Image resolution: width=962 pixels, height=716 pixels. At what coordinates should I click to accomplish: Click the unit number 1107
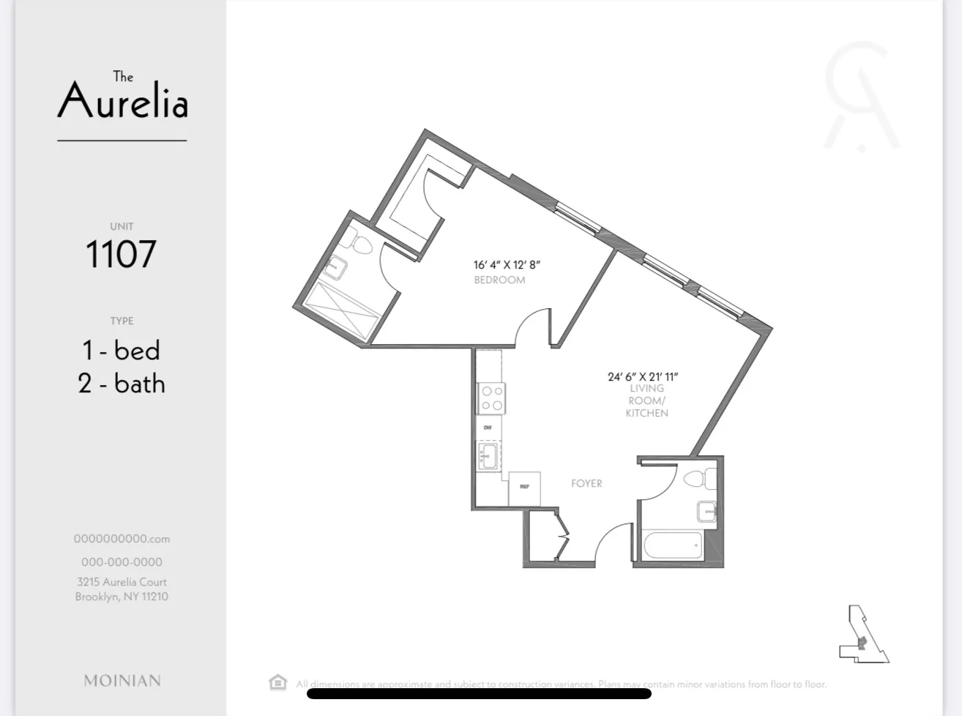[122, 254]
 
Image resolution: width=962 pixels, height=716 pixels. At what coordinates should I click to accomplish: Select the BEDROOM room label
[499, 280]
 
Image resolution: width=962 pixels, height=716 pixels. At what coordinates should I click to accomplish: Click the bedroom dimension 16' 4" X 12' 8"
[507, 265]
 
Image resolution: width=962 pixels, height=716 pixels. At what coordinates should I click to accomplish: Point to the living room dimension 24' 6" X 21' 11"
[643, 376]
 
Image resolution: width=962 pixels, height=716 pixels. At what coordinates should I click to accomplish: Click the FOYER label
[586, 483]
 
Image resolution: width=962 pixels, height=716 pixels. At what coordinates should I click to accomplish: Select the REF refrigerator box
[524, 488]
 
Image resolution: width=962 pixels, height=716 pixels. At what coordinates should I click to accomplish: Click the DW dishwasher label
[488, 427]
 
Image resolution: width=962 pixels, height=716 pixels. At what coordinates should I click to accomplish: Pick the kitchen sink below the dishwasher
[488, 455]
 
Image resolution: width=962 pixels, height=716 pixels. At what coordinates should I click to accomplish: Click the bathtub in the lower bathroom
[673, 545]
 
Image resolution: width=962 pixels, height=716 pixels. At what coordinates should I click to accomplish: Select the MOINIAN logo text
[122, 681]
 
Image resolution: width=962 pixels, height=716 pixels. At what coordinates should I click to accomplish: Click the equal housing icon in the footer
[277, 682]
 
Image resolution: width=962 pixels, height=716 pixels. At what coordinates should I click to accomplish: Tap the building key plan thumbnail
[863, 635]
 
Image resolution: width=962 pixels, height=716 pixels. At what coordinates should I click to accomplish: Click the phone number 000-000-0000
[122, 562]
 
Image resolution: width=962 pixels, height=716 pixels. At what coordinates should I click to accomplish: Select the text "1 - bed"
[122, 350]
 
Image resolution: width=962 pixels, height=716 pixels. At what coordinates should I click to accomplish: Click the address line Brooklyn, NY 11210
[122, 597]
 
